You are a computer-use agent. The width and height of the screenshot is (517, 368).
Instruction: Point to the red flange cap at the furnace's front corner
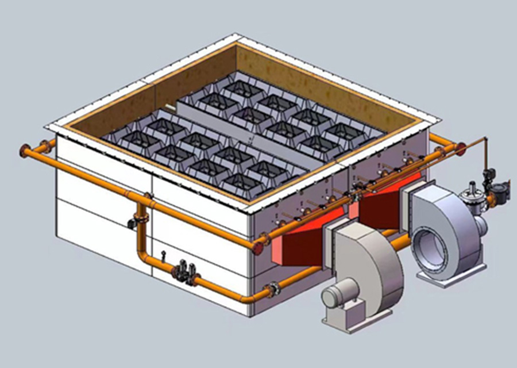click(x=258, y=247)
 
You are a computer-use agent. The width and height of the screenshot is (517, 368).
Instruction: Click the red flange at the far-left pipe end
click(x=24, y=151)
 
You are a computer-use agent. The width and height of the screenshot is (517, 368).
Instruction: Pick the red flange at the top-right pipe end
click(x=460, y=148)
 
